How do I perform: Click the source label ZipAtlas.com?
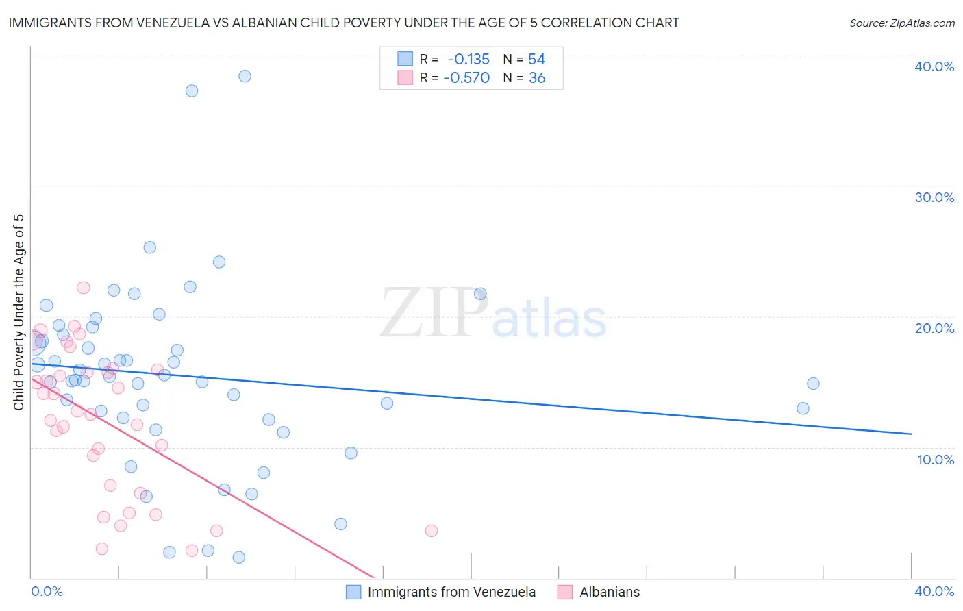901,23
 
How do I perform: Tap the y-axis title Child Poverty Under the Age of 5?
18,312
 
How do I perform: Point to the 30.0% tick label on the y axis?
934,197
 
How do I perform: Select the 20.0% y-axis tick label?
934,328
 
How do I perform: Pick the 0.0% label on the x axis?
47,591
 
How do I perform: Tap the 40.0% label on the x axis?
934,591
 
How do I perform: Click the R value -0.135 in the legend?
468,60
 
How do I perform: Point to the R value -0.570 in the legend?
466,78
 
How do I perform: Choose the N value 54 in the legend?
536,60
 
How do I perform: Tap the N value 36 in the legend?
537,78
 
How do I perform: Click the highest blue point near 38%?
245,76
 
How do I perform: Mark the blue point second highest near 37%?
192,90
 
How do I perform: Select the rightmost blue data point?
813,384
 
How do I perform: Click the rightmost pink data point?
432,531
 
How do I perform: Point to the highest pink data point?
84,288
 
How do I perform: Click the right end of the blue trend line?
911,434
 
